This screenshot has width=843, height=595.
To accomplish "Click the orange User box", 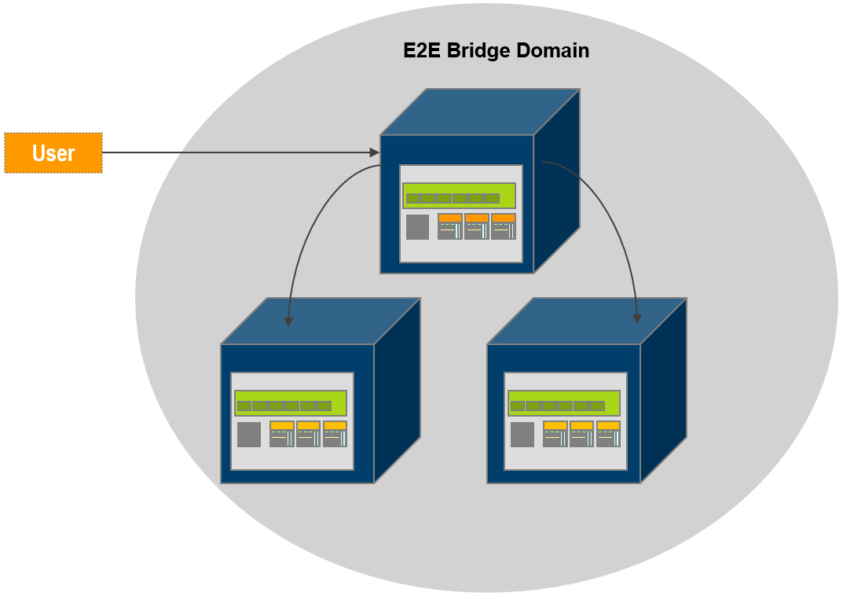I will point(53,152).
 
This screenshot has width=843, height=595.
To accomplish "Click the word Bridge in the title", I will point(480,51).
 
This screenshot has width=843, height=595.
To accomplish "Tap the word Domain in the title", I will point(553,51).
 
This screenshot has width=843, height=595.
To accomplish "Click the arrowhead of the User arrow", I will point(375,152).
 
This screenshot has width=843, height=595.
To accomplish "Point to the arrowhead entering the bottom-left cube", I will point(288,321).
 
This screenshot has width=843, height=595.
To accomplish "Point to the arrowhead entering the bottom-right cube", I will point(637,318).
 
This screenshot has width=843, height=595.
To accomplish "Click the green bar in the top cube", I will point(459,196).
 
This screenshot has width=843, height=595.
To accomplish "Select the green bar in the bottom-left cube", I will point(291,403).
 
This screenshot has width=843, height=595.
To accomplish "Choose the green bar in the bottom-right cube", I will point(563,403).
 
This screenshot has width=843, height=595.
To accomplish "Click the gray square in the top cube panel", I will point(417,227).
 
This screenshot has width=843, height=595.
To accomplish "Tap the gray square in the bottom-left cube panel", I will point(249,435).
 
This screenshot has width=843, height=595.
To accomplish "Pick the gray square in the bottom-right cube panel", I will point(522,435).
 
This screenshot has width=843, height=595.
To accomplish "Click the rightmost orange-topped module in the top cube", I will point(504,226).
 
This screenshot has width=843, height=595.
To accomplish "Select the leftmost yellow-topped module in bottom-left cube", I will point(282,434).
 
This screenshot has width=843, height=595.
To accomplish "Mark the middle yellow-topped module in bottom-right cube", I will point(581,434).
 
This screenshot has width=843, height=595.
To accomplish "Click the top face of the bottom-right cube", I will point(585,321).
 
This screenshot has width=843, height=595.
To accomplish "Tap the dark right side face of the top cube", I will point(557,181).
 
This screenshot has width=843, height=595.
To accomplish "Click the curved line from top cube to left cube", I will point(310,228).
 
